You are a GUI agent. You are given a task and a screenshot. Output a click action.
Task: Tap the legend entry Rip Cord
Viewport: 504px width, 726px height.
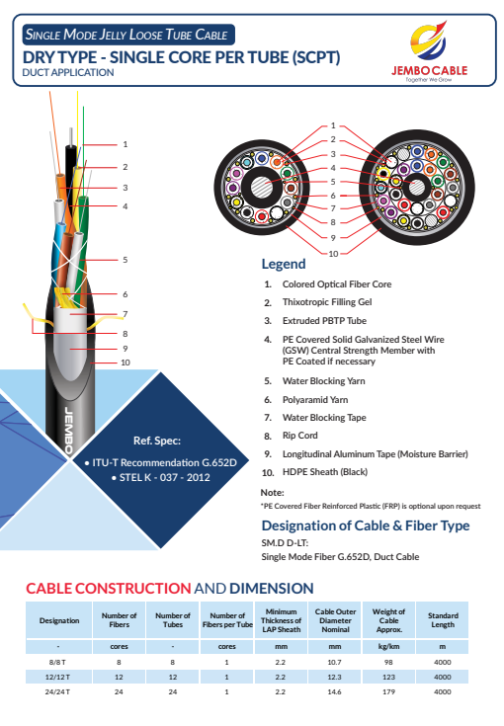click(299, 436)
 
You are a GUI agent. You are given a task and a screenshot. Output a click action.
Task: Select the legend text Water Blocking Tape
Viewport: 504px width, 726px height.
click(324, 418)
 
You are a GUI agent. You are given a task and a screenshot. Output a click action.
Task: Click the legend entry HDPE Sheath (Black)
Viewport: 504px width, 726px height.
click(325, 472)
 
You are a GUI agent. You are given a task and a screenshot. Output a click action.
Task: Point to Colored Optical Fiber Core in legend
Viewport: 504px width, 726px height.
click(337, 284)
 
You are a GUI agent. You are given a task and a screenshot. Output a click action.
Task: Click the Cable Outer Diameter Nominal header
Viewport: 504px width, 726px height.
click(335, 620)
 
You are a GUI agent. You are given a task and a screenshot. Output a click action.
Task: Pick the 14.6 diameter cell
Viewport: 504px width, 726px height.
click(334, 691)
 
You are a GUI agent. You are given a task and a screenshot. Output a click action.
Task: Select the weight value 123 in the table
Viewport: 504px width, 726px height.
click(388, 677)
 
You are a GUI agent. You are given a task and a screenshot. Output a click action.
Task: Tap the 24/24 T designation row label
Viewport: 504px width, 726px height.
click(58, 691)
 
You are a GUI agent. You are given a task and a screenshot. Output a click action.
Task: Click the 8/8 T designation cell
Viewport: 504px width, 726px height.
click(58, 662)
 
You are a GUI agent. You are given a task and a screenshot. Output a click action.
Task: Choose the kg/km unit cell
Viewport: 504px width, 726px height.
click(388, 646)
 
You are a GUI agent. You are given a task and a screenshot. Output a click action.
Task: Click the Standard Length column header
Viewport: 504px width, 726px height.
click(443, 620)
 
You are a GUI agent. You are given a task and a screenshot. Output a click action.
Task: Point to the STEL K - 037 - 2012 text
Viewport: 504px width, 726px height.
click(161, 477)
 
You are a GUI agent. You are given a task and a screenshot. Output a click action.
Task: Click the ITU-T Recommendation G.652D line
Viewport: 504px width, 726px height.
click(161, 462)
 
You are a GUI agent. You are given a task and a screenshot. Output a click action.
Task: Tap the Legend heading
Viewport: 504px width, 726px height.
click(284, 264)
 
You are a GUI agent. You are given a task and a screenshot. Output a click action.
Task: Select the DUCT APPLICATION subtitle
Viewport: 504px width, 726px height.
click(68, 73)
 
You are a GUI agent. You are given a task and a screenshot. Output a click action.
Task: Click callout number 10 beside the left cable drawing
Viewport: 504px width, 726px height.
click(126, 363)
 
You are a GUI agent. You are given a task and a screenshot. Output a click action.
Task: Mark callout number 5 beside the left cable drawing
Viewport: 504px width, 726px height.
click(126, 260)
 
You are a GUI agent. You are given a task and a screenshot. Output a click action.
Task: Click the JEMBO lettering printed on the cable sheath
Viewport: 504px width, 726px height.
click(68, 431)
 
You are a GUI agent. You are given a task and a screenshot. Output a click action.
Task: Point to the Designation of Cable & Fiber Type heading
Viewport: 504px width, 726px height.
click(366, 525)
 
